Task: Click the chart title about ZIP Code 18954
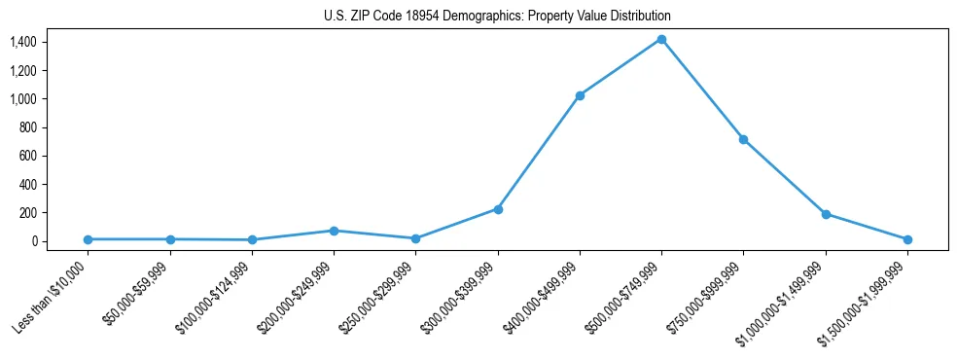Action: pos(497,17)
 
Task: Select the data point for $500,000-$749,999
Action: pos(661,39)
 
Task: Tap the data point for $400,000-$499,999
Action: pos(580,95)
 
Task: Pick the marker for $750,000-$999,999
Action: pos(743,139)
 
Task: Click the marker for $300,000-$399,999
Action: pos(498,209)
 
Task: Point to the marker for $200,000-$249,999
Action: pos(334,231)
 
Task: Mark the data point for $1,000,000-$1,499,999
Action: pos(826,214)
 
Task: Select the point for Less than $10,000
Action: pos(88,239)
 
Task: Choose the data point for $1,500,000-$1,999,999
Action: pos(907,239)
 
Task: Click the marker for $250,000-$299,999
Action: pos(415,238)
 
